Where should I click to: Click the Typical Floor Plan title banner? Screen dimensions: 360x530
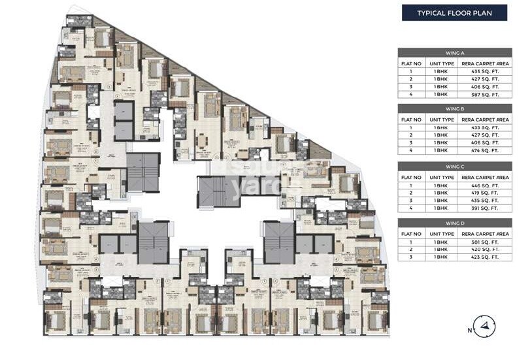click(x=454, y=12)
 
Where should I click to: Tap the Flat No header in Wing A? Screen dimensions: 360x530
click(x=410, y=63)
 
